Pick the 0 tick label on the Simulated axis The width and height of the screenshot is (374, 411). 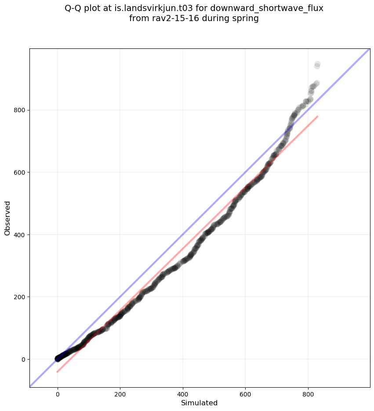pyautogui.click(x=58, y=395)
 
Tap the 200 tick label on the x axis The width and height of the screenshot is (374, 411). pyautogui.click(x=120, y=395)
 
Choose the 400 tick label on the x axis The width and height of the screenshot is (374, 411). pyautogui.click(x=183, y=395)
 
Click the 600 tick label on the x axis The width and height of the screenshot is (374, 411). pyautogui.click(x=245, y=395)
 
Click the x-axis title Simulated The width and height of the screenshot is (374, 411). pyautogui.click(x=200, y=403)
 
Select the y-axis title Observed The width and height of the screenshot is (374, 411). pyautogui.click(x=7, y=218)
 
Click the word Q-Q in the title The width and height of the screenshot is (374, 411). pyautogui.click(x=73, y=8)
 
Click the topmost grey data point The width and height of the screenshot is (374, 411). pyautogui.click(x=317, y=64)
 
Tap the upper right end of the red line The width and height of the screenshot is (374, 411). pyautogui.click(x=317, y=116)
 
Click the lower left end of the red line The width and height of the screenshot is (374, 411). pyautogui.click(x=57, y=372)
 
